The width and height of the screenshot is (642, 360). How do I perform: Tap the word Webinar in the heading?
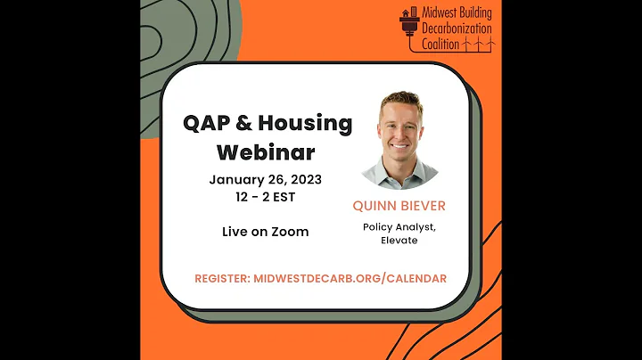click(x=265, y=151)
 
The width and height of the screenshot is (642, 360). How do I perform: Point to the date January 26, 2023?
click(x=265, y=179)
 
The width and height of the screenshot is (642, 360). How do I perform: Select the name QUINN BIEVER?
click(x=399, y=206)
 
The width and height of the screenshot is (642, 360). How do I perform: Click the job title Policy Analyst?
click(x=399, y=226)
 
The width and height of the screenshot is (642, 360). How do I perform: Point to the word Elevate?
click(x=399, y=240)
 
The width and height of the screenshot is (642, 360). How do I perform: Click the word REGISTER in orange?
click(x=221, y=278)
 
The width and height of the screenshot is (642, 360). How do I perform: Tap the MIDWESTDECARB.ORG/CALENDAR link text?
click(x=350, y=278)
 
